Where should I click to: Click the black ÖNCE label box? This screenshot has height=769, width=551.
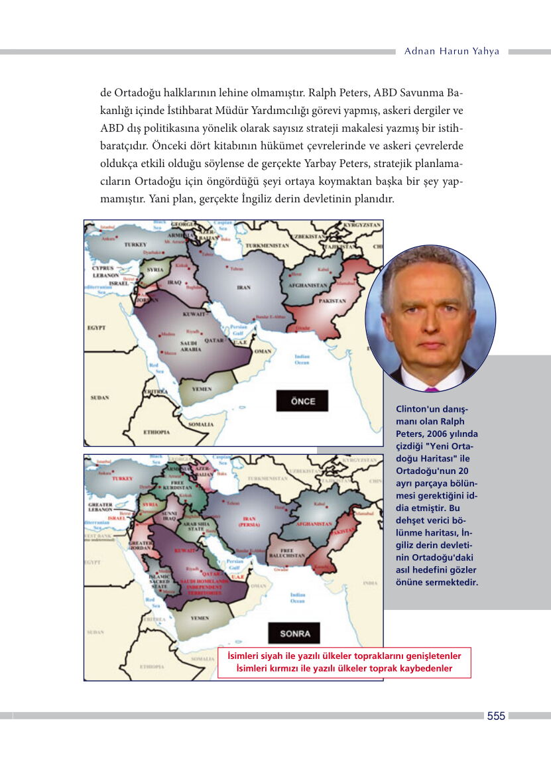point(302,401)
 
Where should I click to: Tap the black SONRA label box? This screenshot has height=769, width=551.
point(294,633)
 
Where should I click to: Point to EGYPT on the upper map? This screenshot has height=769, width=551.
point(97,328)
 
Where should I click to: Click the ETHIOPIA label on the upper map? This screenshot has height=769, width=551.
point(156,432)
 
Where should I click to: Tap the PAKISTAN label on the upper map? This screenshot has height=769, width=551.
point(332,301)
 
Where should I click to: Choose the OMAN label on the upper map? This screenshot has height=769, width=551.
point(263,351)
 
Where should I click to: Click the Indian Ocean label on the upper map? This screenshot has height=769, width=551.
point(302,360)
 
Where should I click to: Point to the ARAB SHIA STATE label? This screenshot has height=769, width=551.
point(194,526)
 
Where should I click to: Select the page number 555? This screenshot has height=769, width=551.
point(496,716)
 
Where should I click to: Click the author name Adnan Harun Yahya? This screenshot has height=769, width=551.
point(452,51)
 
